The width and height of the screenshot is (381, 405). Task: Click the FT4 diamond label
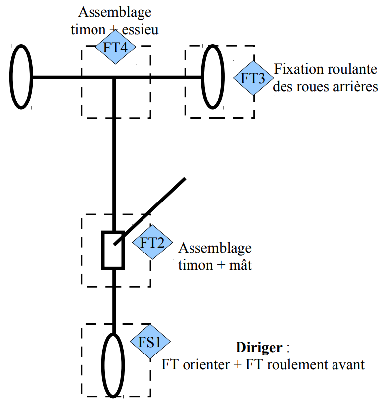116,47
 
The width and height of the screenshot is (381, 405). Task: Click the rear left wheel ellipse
21,77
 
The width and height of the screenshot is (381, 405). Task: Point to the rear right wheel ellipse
213,77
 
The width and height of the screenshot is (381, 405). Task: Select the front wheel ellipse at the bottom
113,364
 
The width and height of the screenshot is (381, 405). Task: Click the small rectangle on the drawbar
113,250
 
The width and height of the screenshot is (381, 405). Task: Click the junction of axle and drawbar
114,77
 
